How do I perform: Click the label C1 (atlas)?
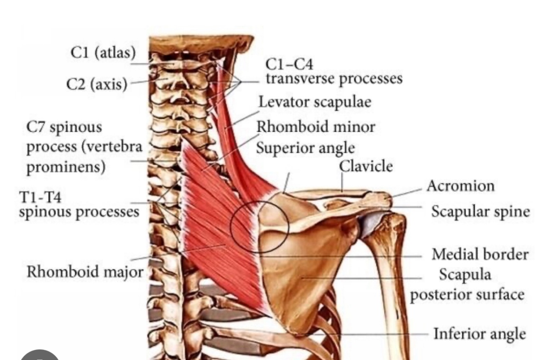pos(103,53)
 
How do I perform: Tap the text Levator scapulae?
pos(315,102)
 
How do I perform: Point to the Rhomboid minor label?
pos(316,127)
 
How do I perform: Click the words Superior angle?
pos(305,147)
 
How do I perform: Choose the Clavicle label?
pos(365,166)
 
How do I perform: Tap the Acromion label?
pos(461,186)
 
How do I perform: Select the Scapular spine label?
pos(480,212)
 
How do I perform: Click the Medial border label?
pos(479,254)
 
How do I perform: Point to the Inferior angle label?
pos(479,333)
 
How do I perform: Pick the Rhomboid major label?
pos(85,272)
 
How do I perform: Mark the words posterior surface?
pos(467,295)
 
